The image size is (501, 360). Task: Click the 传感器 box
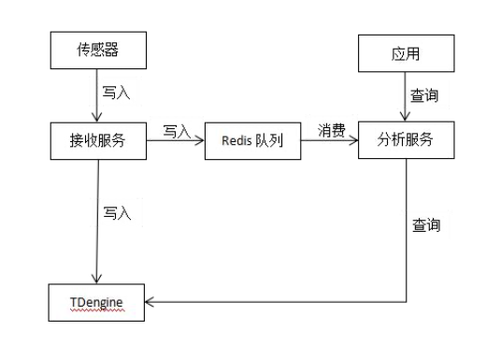98,51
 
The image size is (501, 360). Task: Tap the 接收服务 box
98,140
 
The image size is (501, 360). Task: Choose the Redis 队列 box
252,140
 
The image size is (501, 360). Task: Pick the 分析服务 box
405,140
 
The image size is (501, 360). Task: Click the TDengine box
98,301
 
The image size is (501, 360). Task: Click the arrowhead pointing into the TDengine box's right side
153,301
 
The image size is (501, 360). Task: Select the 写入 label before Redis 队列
177,130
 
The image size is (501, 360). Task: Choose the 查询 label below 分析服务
426,225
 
